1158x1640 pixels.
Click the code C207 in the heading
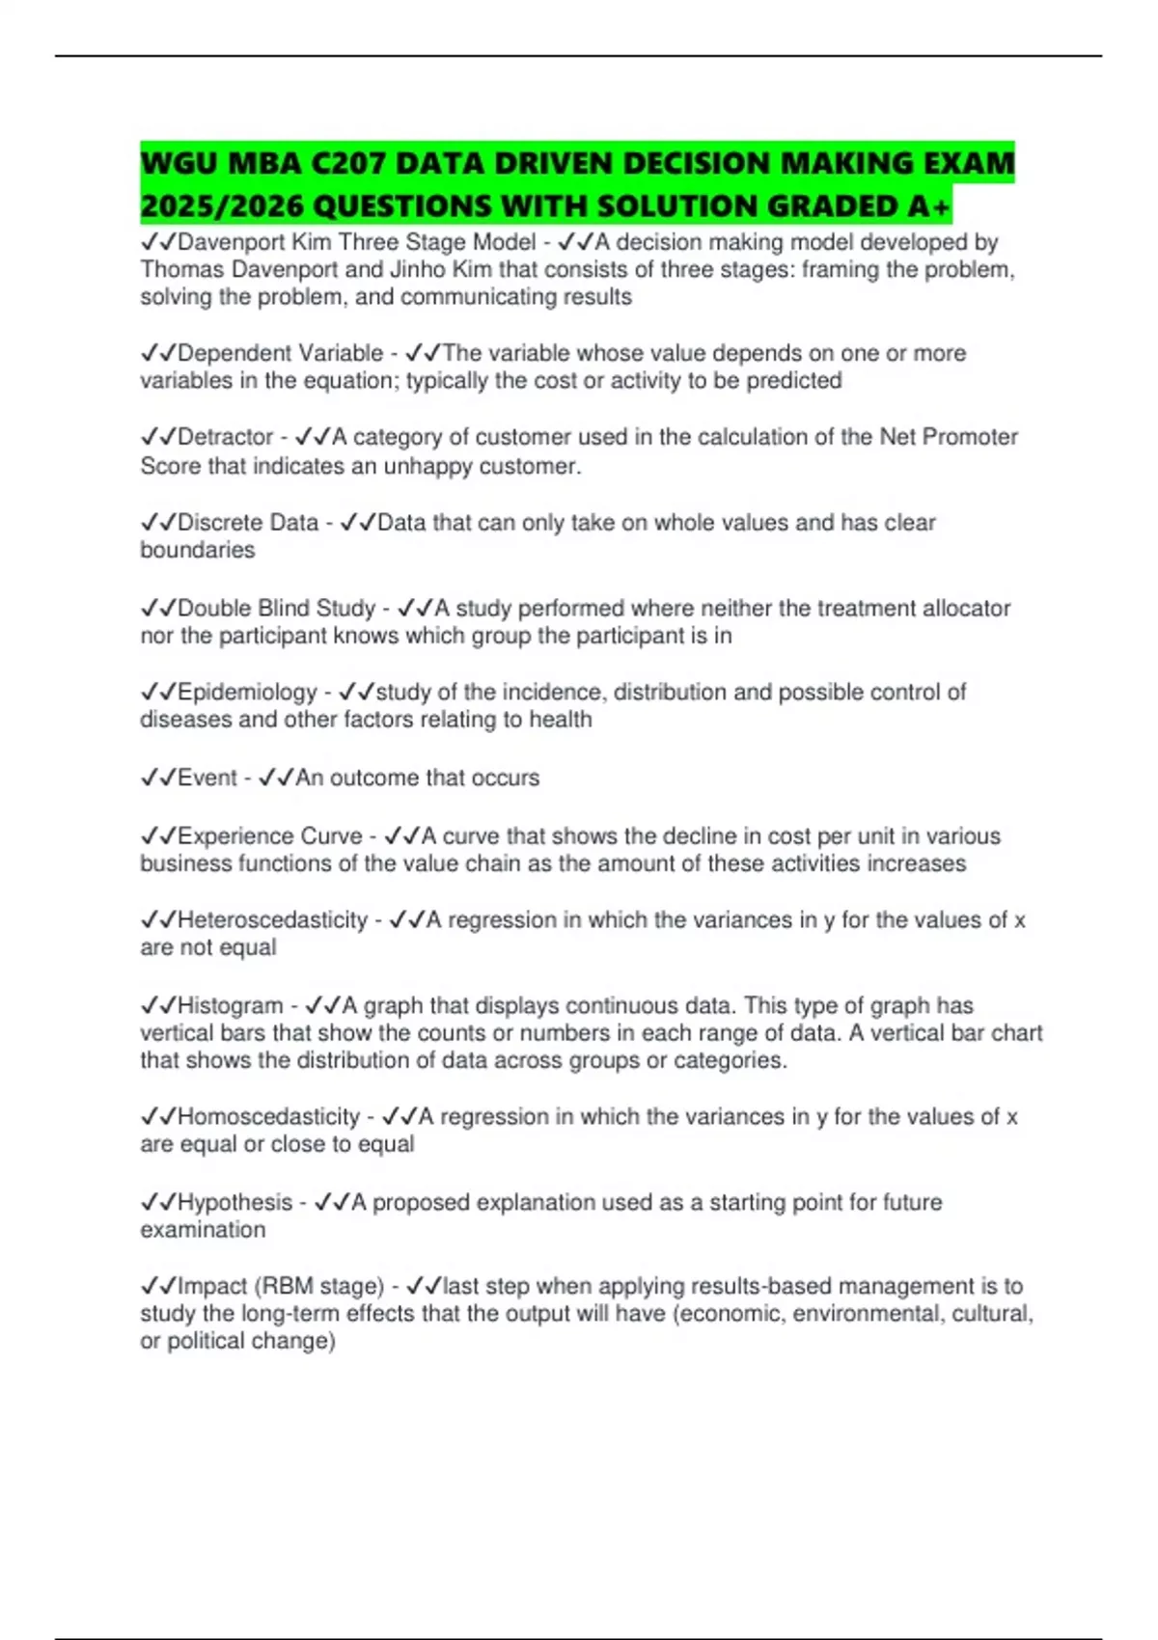click(x=348, y=163)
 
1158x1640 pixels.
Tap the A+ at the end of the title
click(x=928, y=206)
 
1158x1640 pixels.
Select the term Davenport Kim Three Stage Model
click(x=356, y=242)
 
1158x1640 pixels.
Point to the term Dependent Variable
click(x=280, y=353)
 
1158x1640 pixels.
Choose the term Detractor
click(x=225, y=437)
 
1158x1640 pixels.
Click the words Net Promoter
click(x=949, y=437)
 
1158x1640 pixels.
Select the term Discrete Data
click(x=247, y=523)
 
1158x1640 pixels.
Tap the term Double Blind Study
click(x=276, y=609)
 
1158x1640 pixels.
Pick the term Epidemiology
click(x=247, y=693)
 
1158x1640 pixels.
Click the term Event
click(x=207, y=778)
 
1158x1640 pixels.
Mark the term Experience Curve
click(x=269, y=836)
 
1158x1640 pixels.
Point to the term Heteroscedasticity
click(x=272, y=920)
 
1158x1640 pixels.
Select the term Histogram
click(x=230, y=1006)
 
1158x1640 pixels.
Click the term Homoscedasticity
click(x=268, y=1117)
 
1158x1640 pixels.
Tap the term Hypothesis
click(x=234, y=1203)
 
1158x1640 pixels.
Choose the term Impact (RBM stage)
click(x=281, y=1287)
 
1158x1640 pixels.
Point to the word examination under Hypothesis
click(x=203, y=1230)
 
